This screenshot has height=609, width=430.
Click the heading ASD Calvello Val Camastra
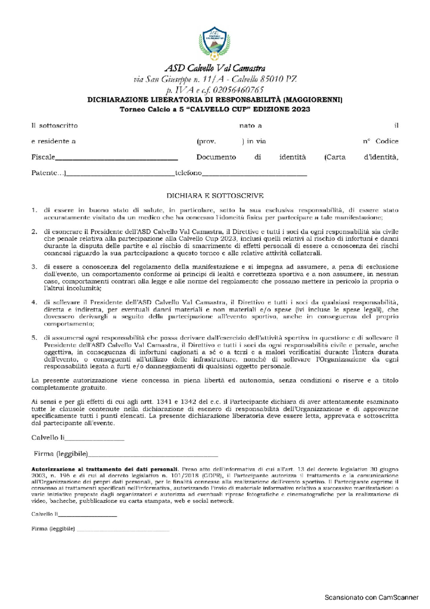pyautogui.click(x=215, y=68)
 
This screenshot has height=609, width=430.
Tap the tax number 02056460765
pyautogui.click(x=238, y=90)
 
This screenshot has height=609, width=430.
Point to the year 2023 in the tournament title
pyautogui.click(x=301, y=109)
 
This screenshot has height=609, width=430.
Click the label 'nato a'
pyautogui.click(x=250, y=126)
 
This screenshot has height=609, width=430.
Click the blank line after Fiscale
pyautogui.click(x=116, y=158)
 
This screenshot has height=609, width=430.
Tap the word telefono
pyautogui.click(x=188, y=173)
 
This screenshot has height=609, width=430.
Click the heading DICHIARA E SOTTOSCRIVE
pyautogui.click(x=215, y=196)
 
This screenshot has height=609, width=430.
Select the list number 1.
pyautogui.click(x=34, y=211)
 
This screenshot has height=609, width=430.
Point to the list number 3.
pyautogui.click(x=34, y=267)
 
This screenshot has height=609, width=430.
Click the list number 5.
pyautogui.click(x=34, y=338)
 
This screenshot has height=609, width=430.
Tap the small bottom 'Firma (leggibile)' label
pyautogui.click(x=53, y=529)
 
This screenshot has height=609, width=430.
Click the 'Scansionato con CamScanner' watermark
pyautogui.click(x=371, y=598)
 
